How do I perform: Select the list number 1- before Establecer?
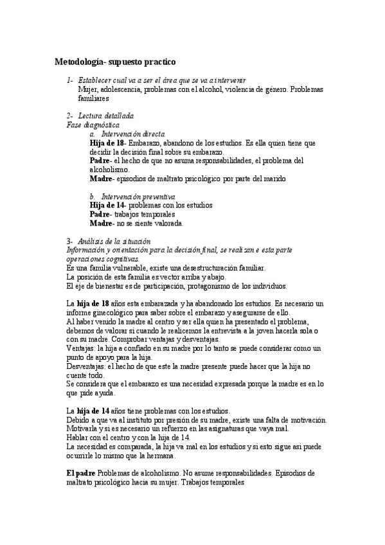(x=70, y=80)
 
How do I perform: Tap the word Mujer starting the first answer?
(x=88, y=89)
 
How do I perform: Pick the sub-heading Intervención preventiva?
(x=133, y=196)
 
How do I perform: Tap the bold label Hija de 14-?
(x=107, y=205)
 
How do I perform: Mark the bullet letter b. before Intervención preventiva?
(x=93, y=196)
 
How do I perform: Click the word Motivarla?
(x=82, y=429)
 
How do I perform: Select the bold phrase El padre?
(x=81, y=473)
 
